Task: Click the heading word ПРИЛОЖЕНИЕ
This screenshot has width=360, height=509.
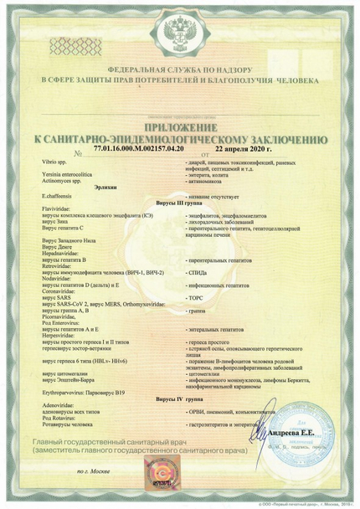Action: (x=179, y=126)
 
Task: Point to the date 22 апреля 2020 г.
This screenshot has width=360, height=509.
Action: (x=244, y=148)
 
